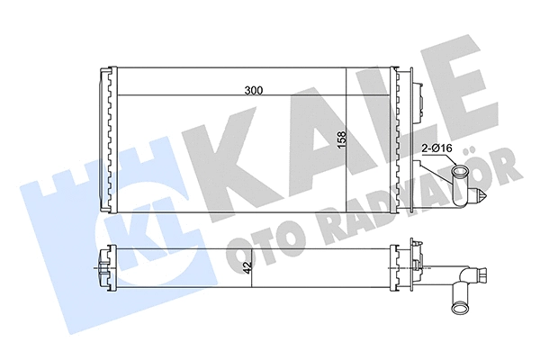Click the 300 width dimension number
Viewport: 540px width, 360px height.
click(x=256, y=90)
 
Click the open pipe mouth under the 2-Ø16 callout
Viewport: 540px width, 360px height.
click(x=462, y=175)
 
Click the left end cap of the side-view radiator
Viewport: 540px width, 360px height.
click(x=102, y=267)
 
